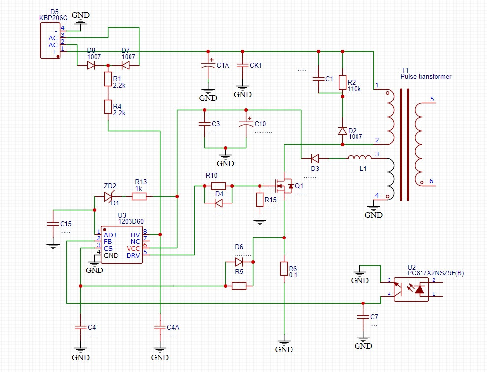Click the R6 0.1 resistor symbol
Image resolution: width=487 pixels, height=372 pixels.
click(x=284, y=269)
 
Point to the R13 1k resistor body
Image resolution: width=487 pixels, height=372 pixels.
click(x=139, y=197)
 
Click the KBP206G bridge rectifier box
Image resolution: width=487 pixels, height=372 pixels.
click(x=50, y=40)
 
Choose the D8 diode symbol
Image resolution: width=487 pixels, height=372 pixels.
click(x=91, y=65)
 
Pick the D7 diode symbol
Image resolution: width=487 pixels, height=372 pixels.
click(x=125, y=65)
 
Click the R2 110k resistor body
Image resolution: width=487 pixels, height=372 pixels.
click(x=343, y=82)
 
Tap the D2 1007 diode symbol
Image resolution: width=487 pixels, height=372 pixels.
click(x=343, y=131)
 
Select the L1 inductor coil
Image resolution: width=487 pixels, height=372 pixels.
click(x=359, y=157)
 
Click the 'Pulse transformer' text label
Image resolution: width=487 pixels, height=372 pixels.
click(x=425, y=77)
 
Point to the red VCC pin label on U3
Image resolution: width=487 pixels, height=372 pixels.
click(x=133, y=249)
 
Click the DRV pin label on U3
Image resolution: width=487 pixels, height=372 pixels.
click(x=133, y=255)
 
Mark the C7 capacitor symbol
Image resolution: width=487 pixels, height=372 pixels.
click(x=363, y=317)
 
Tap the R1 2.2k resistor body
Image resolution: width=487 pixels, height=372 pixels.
click(x=108, y=79)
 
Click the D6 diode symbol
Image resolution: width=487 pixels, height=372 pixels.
click(x=239, y=262)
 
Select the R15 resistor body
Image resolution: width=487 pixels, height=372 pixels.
click(x=260, y=200)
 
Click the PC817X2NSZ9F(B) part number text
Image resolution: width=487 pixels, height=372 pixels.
click(x=436, y=273)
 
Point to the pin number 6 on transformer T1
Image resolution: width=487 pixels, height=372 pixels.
click(x=431, y=181)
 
